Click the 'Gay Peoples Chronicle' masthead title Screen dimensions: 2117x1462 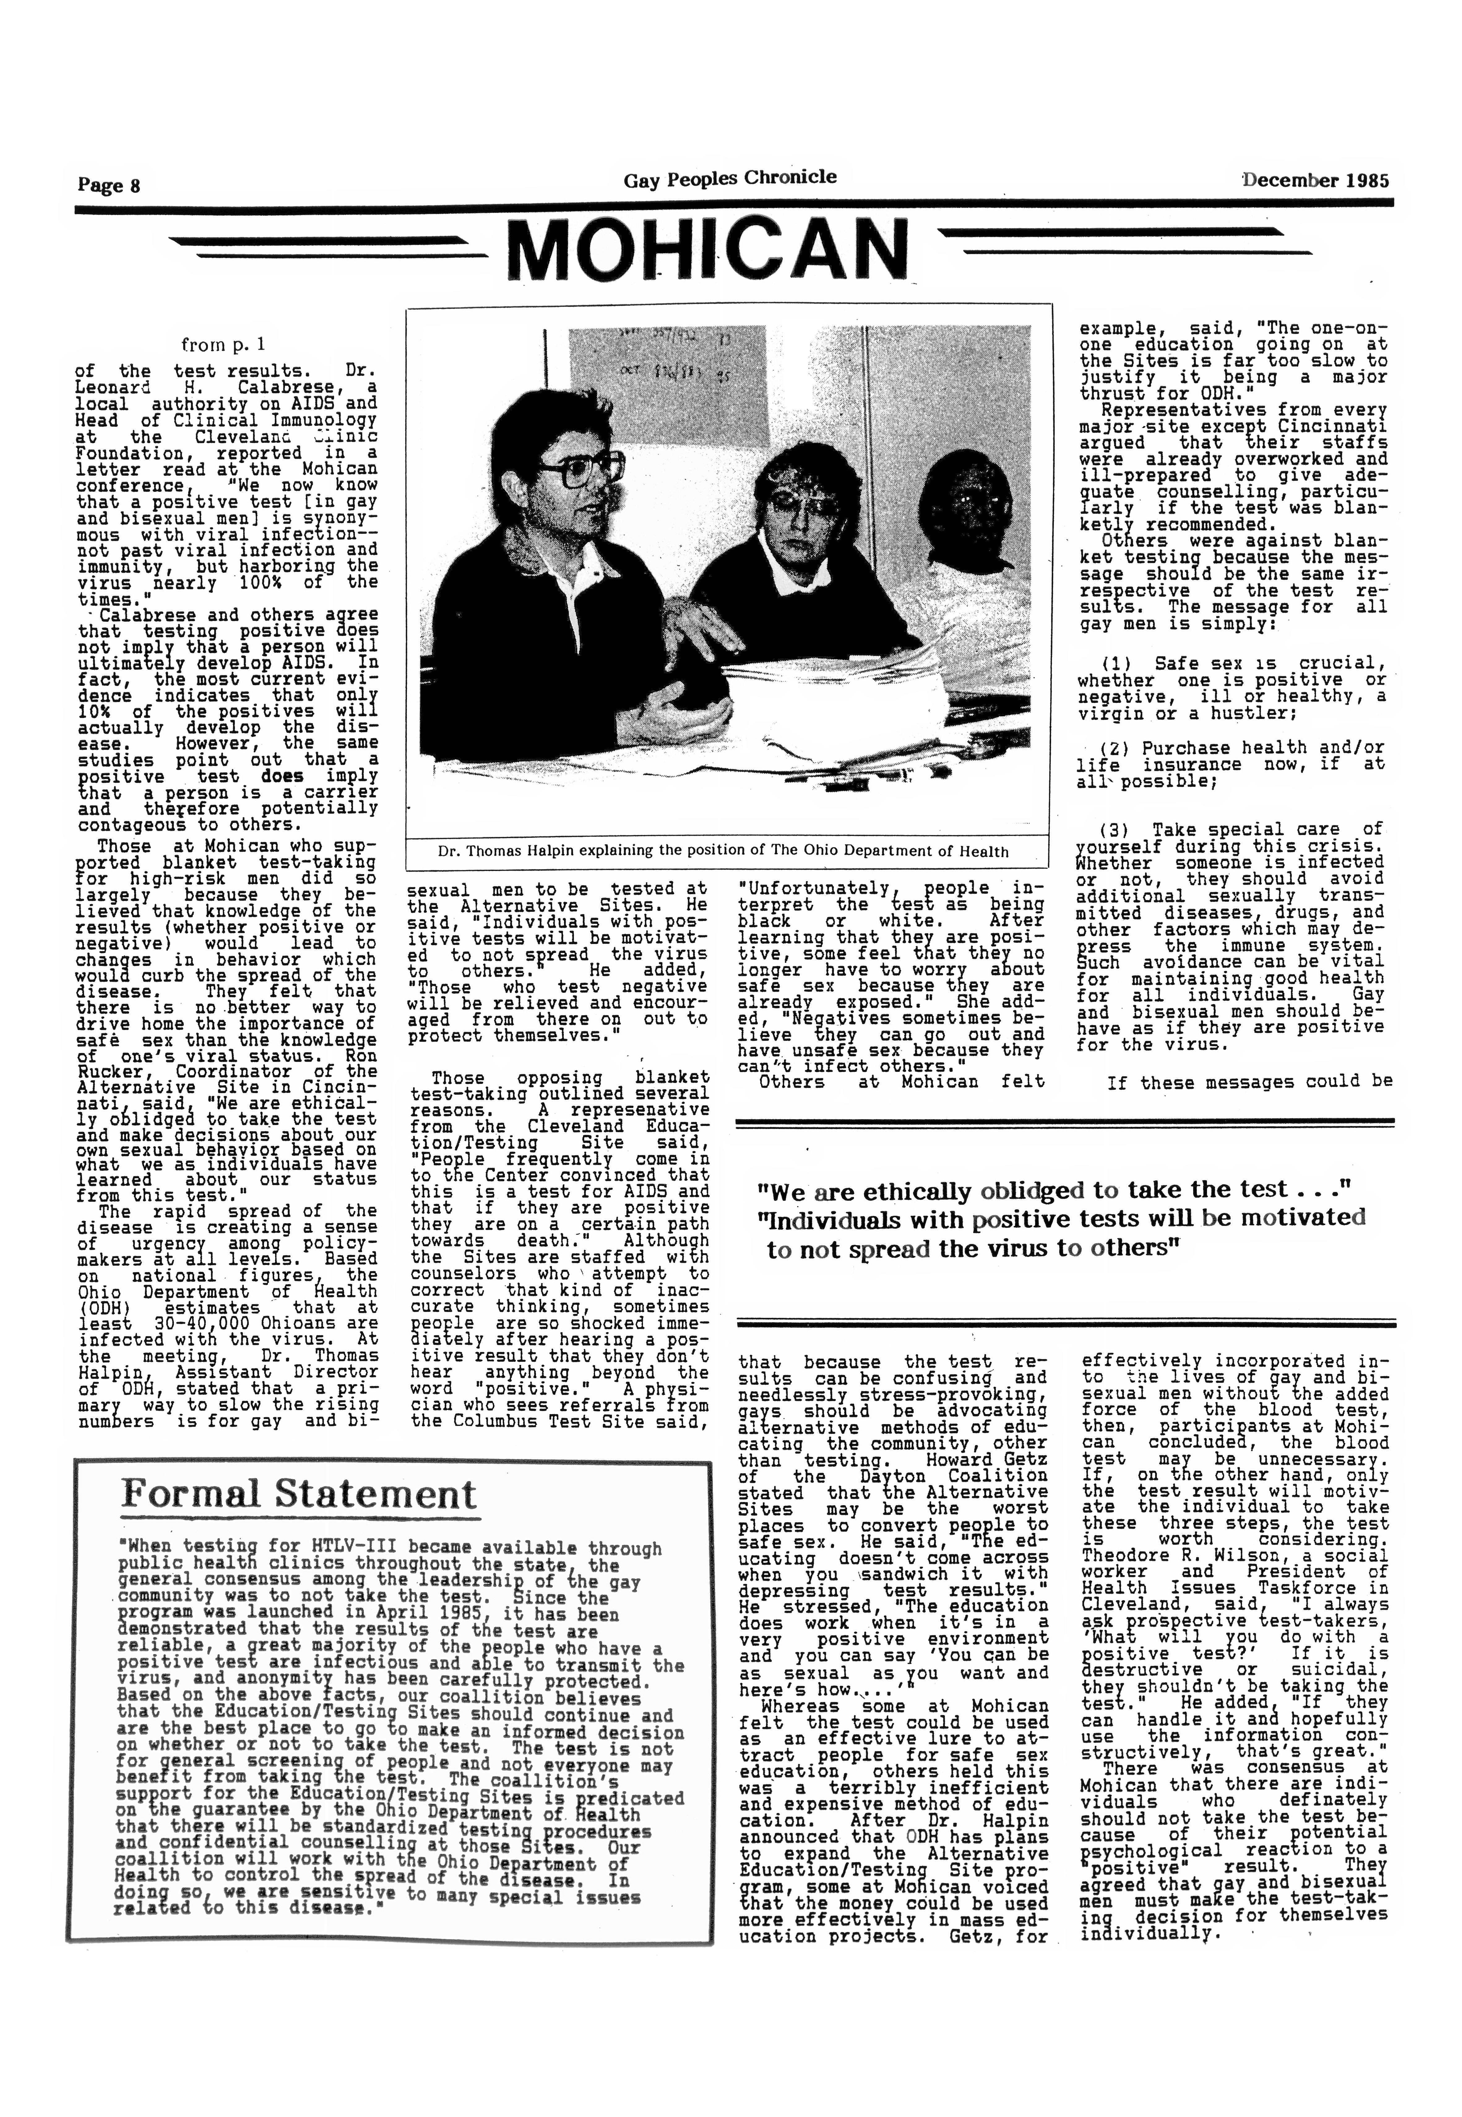pos(730,179)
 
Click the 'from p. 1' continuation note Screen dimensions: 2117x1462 pos(223,344)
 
